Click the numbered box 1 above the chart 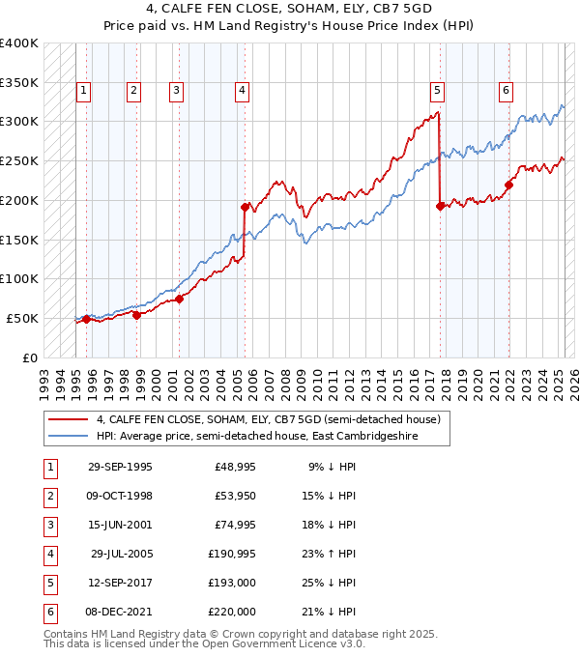click(84, 91)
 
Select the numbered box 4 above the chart click(241, 91)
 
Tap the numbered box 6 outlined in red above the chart click(506, 91)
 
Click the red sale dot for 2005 click(245, 206)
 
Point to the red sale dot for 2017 click(441, 205)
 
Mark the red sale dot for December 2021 click(508, 184)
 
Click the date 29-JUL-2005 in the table click(121, 556)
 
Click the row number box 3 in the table click(47, 525)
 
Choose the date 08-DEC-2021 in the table click(120, 612)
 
